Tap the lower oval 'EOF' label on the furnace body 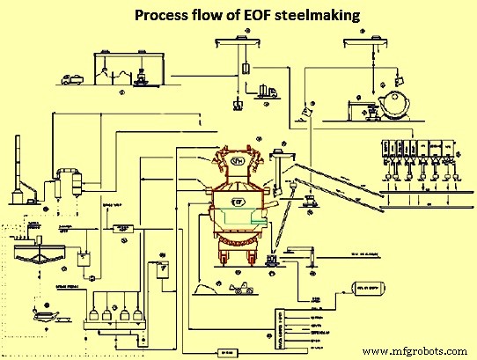point(238,202)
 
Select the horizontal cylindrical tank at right point(370,287)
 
